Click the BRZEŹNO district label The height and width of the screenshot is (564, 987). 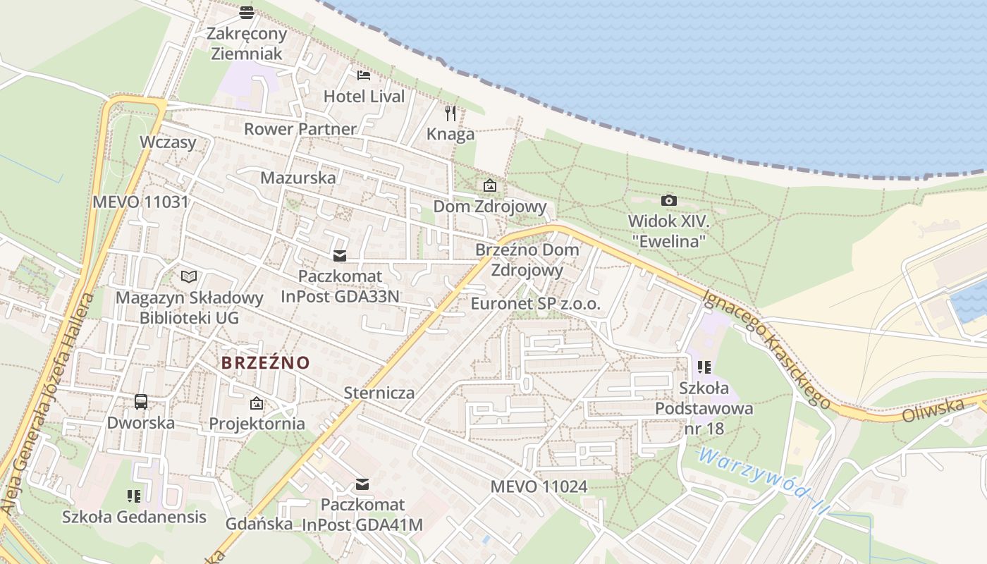click(266, 363)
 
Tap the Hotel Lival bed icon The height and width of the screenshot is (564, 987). click(364, 75)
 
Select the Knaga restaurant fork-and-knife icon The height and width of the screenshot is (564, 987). click(450, 112)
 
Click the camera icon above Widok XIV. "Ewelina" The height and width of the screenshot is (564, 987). click(668, 201)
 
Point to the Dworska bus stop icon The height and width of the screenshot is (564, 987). click(141, 402)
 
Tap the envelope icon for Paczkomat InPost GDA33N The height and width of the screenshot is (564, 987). click(340, 255)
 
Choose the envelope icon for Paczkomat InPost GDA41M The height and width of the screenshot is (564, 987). click(362, 484)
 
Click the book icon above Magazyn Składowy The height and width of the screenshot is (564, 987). click(189, 276)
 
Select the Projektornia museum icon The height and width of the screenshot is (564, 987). click(257, 403)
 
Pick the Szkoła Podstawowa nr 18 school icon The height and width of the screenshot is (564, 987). click(704, 367)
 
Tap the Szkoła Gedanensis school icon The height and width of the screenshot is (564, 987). click(134, 496)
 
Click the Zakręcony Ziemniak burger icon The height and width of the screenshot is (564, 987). click(246, 12)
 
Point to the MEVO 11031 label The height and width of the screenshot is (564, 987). click(141, 202)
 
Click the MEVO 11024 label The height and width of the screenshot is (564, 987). click(539, 486)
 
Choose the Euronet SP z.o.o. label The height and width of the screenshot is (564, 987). click(536, 305)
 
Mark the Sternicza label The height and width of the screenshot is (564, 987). click(379, 393)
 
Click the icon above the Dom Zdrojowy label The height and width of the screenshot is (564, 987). click(489, 186)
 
